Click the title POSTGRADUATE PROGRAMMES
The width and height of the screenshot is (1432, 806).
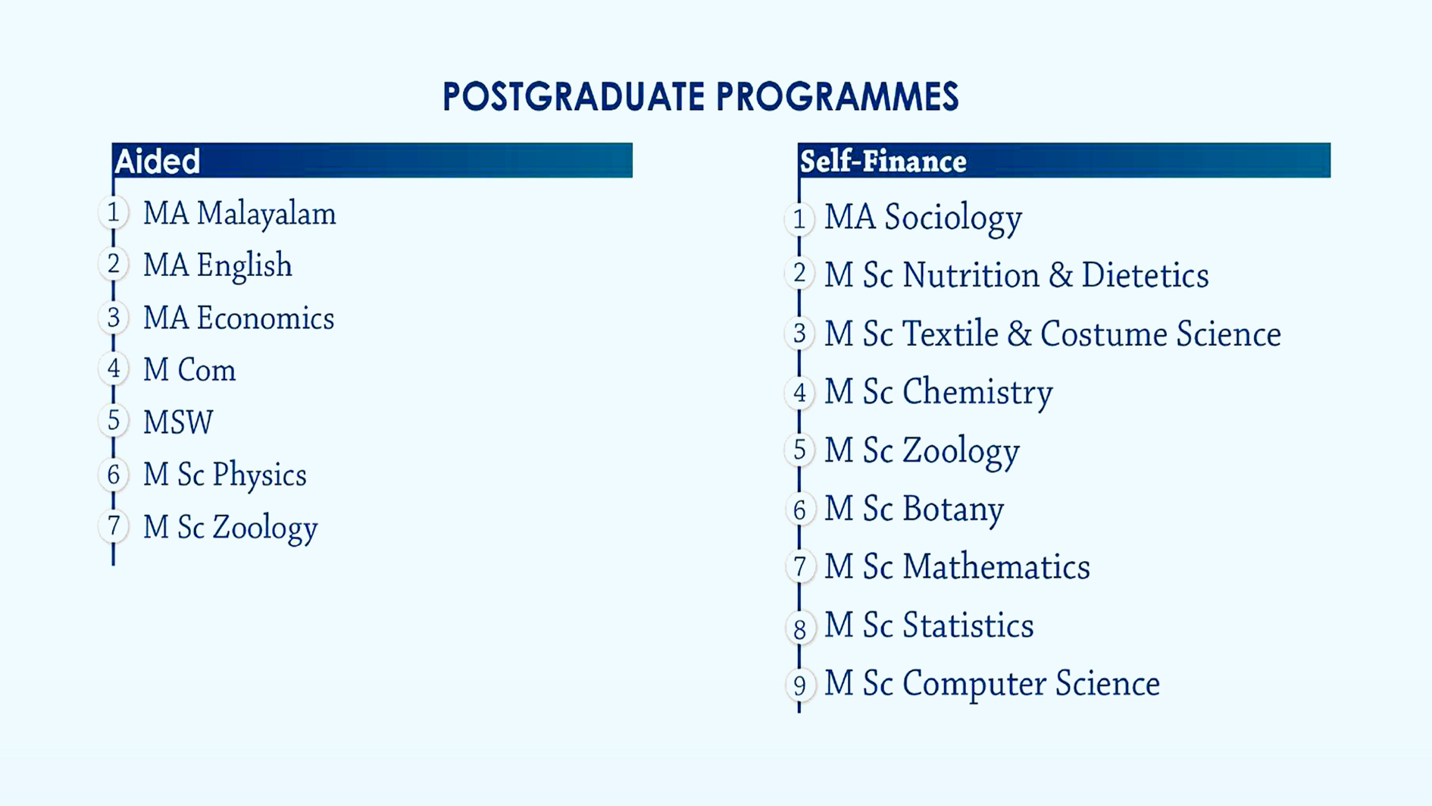pos(701,97)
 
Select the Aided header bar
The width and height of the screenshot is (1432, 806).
pos(372,160)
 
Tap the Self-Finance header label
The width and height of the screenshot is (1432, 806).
pos(883,162)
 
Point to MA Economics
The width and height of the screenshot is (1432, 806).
pos(239,318)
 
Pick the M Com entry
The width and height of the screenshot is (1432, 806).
pos(189,370)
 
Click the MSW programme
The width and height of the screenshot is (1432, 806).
pos(178,422)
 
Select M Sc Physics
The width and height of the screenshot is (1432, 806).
pos(225,475)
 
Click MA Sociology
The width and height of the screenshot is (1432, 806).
pos(923,218)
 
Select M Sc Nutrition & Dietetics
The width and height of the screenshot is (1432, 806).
pos(1016,275)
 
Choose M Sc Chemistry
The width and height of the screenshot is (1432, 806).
pos(938,393)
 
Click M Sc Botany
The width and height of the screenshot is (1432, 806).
pos(914,510)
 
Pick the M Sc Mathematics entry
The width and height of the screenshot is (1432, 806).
pos(957,567)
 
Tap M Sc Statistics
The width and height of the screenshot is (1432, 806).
pos(929,626)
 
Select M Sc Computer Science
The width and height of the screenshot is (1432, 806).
pos(992,684)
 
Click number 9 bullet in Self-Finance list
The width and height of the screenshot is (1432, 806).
pos(799,685)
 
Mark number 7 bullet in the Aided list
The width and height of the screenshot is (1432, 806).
pos(114,525)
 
